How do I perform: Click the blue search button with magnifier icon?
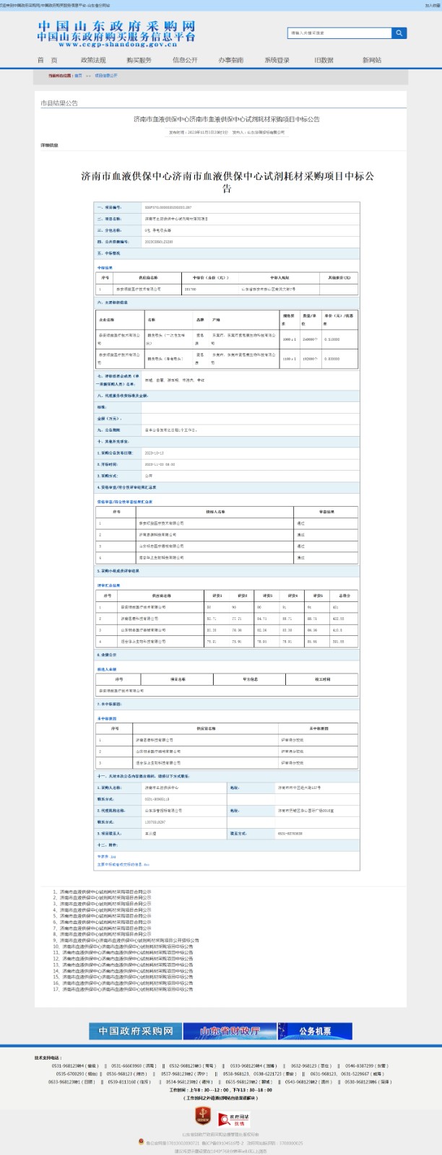[x=399, y=33]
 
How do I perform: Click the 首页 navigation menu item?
[x=47, y=60]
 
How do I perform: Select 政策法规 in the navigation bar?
[x=93, y=60]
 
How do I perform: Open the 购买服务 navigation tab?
[x=139, y=60]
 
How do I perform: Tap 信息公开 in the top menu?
[x=185, y=60]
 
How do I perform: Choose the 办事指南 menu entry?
[x=231, y=60]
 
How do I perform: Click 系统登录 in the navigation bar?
[x=277, y=60]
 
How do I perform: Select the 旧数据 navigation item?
[x=324, y=60]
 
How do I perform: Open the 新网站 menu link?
[x=372, y=60]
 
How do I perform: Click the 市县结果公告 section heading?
[x=59, y=104]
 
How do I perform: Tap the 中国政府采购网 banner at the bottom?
[x=136, y=1031]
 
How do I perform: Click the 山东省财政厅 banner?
[x=230, y=1031]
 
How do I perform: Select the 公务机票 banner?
[x=315, y=1031]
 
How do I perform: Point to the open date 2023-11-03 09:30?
[x=160, y=464]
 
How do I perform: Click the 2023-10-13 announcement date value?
[x=155, y=453]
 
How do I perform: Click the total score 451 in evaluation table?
[x=337, y=608]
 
